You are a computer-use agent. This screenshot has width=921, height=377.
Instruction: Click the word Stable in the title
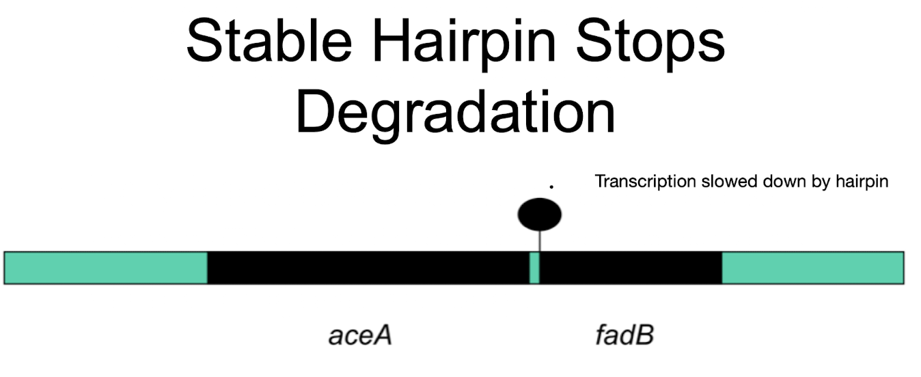click(262, 41)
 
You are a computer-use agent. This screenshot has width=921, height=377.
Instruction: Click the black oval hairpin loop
click(540, 214)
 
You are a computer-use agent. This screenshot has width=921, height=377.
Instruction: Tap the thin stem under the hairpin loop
click(540, 240)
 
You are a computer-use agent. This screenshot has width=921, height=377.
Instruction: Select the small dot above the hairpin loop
click(551, 186)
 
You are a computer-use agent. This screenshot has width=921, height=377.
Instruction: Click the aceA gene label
click(360, 335)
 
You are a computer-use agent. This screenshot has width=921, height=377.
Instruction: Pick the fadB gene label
click(624, 335)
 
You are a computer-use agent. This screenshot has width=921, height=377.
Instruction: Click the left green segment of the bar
click(106, 268)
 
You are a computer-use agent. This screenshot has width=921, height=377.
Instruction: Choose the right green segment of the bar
click(812, 268)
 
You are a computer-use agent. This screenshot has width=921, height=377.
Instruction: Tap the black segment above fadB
click(630, 268)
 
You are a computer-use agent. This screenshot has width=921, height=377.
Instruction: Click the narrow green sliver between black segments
click(534, 268)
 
